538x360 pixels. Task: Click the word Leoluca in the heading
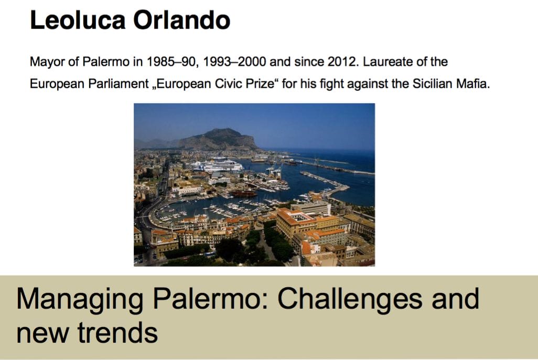[77, 20]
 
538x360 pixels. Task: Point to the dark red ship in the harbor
[243, 193]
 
